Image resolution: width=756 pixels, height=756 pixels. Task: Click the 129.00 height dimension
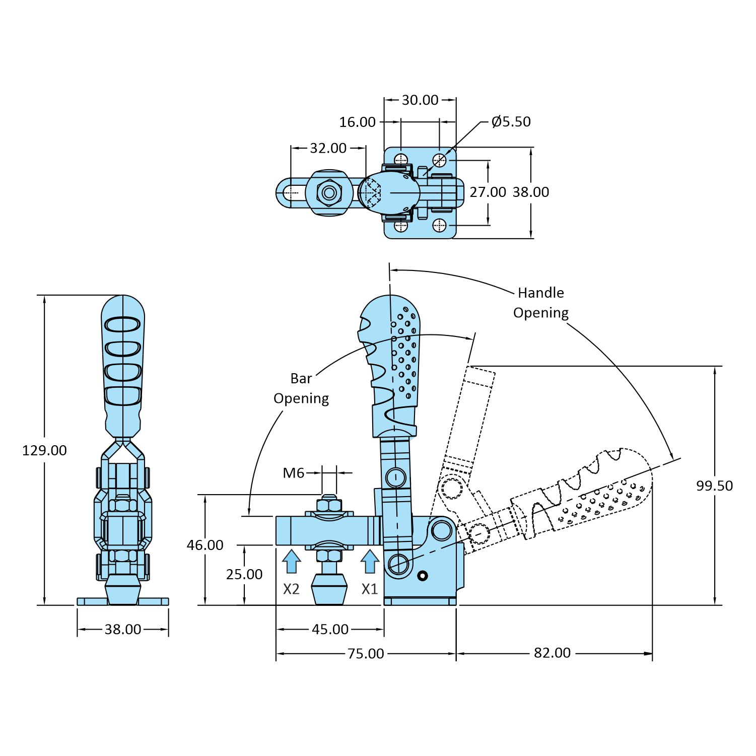point(44,450)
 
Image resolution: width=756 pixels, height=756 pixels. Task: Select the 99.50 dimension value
point(714,486)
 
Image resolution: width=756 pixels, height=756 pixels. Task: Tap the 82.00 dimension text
point(552,653)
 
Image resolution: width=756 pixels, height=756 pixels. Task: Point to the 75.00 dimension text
point(366,653)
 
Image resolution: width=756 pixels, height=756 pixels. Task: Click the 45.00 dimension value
point(330,629)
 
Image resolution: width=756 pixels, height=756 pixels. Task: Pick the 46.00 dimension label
point(205,545)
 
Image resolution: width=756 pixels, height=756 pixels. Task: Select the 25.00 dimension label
point(244,574)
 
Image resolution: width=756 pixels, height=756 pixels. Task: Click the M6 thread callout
point(293,473)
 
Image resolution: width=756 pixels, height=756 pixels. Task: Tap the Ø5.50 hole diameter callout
point(511,121)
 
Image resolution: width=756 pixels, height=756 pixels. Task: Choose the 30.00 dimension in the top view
point(420,100)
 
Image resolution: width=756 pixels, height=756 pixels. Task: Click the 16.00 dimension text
point(357,122)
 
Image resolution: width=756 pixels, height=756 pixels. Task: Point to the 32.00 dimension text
point(328,148)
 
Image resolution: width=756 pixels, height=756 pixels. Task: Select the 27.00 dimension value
point(488,192)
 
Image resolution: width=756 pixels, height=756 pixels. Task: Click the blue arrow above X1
point(370,561)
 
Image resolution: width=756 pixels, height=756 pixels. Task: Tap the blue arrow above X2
point(291,561)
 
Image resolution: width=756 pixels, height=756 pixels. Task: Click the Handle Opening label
point(540,302)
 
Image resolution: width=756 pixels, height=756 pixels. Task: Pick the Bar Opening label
point(301,388)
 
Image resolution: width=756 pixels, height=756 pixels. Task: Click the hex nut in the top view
point(329,192)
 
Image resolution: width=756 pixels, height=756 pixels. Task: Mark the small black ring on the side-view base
point(423,576)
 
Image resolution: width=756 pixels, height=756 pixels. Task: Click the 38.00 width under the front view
point(123,629)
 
